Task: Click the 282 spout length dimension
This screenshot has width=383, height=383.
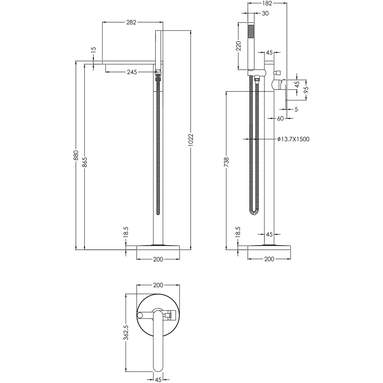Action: [x=131, y=22]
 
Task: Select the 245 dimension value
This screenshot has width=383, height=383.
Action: [x=132, y=72]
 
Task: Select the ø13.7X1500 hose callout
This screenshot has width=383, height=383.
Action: [x=293, y=139]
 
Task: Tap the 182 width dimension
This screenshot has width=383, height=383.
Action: [x=267, y=3]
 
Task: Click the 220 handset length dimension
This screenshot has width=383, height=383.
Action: [x=238, y=46]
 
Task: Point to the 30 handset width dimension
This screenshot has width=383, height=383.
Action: [x=265, y=13]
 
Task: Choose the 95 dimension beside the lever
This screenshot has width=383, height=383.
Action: [x=306, y=90]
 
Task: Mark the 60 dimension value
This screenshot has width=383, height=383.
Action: [x=280, y=119]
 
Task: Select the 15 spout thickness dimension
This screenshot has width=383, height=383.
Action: [x=93, y=50]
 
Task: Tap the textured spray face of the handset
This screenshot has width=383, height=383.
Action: [x=251, y=31]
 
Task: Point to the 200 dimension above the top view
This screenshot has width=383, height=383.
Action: [x=158, y=285]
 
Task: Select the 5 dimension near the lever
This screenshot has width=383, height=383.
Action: [x=296, y=110]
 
